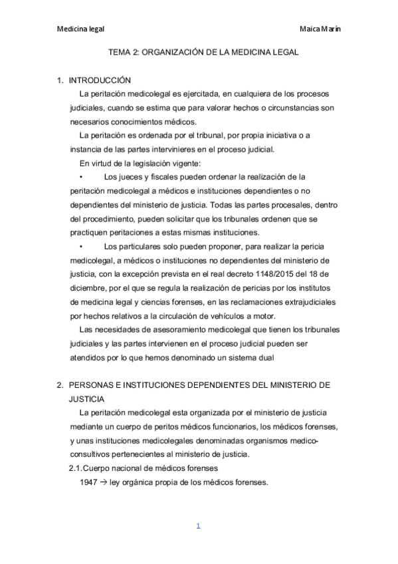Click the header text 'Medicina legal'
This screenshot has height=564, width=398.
click(x=80, y=29)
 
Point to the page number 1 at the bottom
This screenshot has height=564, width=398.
click(x=198, y=526)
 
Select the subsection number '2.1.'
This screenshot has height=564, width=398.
click(x=78, y=468)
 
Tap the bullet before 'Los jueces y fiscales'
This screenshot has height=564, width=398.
click(x=80, y=176)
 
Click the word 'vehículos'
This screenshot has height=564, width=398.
click(x=219, y=315)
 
